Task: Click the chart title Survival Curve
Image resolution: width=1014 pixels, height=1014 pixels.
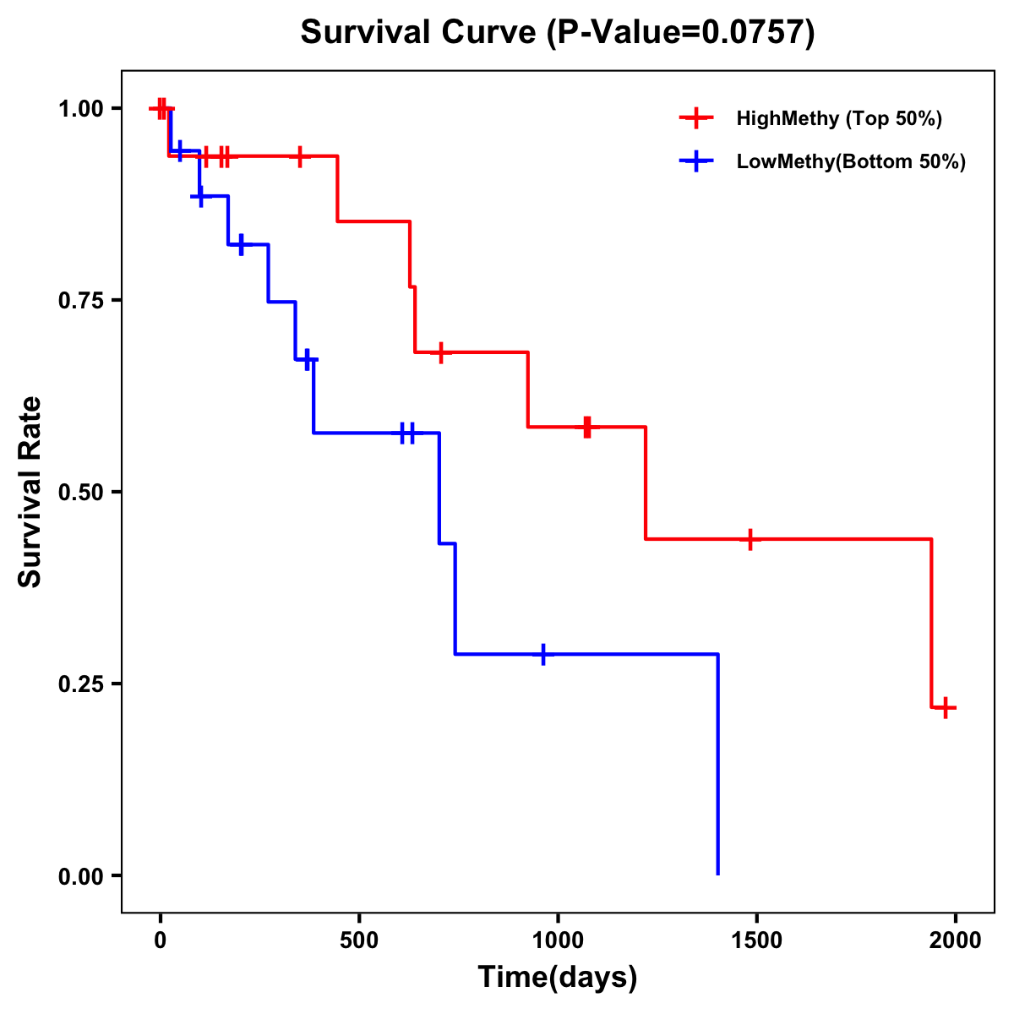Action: tap(419, 33)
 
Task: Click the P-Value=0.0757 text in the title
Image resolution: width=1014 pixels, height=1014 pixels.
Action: tap(680, 33)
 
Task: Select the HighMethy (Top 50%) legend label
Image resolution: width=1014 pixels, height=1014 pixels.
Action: tap(839, 118)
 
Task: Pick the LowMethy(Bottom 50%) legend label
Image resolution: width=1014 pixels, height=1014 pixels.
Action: tap(851, 161)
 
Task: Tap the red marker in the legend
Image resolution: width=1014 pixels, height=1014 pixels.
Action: tap(695, 118)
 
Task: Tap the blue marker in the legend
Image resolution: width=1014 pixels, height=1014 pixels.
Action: tap(695, 161)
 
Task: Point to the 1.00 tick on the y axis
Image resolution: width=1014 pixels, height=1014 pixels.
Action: tap(80, 109)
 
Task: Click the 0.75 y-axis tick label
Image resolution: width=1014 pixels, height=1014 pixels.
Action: tap(80, 301)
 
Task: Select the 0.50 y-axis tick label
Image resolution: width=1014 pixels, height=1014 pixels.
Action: tap(80, 493)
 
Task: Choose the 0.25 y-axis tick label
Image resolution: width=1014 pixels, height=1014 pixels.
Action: tap(80, 684)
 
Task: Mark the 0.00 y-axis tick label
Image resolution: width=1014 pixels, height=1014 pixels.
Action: tap(80, 876)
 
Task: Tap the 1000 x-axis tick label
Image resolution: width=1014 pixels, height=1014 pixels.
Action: tap(558, 940)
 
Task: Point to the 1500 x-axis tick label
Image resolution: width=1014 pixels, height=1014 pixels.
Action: tap(756, 940)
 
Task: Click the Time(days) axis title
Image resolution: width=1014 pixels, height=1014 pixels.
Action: tap(558, 978)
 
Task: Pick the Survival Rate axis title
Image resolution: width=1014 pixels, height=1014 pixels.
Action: tap(30, 492)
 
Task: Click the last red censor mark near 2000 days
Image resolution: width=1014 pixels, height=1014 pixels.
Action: tap(946, 707)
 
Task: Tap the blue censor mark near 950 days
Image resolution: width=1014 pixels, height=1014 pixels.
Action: tap(543, 654)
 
